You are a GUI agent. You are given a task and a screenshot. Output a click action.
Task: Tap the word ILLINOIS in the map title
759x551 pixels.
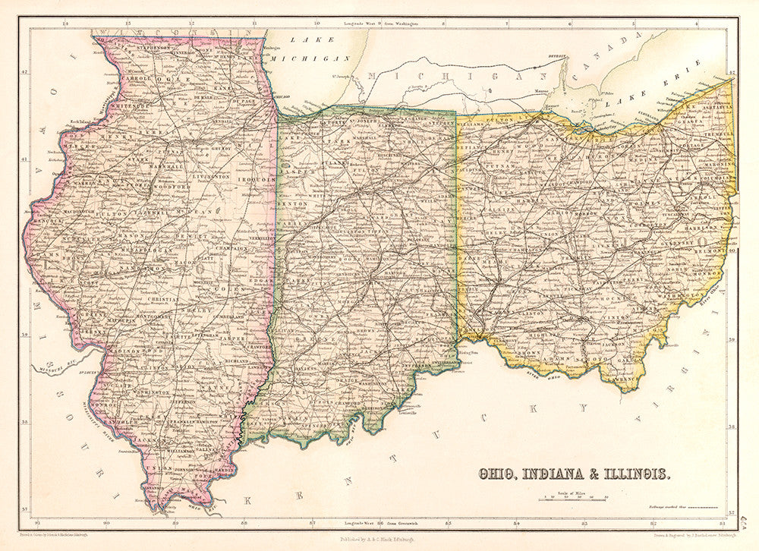coord(635,474)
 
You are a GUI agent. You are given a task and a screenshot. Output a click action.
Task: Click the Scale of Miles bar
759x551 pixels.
coord(573,499)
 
